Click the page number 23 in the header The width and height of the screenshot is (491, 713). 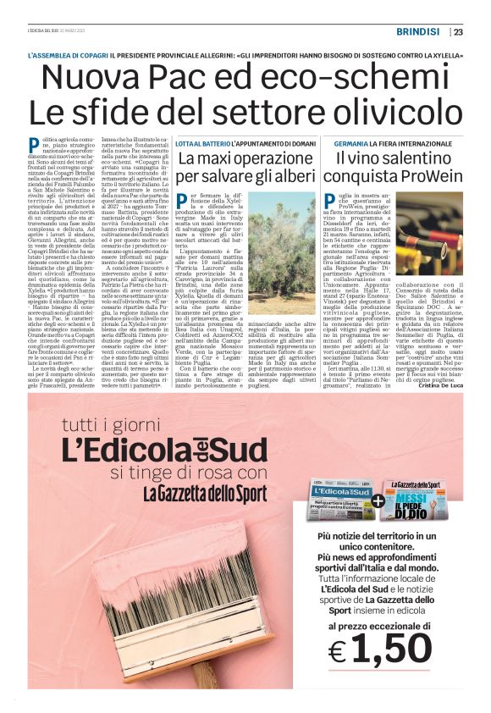coord(458,33)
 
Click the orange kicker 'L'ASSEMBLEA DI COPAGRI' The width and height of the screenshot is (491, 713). coord(67,55)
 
